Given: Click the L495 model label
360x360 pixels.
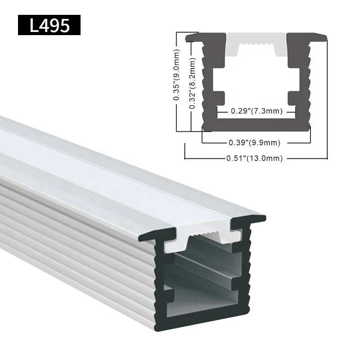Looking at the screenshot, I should [x=49, y=25].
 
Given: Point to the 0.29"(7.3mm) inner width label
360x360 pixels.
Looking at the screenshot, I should [x=256, y=111].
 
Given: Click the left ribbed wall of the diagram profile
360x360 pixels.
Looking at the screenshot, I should [x=208, y=85].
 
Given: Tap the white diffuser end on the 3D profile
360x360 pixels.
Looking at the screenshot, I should [x=203, y=239].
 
